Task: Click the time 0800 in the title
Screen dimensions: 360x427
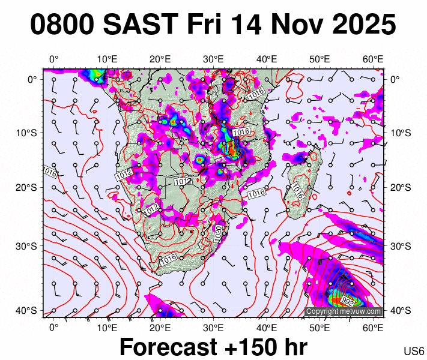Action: tap(62, 25)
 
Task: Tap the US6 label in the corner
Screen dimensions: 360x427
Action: tap(414, 351)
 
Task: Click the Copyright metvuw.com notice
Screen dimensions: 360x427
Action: tap(344, 311)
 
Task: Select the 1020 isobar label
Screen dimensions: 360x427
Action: tap(219, 233)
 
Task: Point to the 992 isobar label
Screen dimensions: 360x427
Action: tap(347, 301)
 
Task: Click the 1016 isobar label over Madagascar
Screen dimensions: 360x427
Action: tap(297, 191)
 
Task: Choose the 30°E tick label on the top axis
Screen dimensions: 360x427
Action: tap(213, 59)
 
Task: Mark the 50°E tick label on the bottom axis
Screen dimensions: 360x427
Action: tap(319, 327)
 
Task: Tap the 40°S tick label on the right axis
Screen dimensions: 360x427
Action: tap(401, 311)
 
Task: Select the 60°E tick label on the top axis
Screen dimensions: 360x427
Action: tap(374, 59)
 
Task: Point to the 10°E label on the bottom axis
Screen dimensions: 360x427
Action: tap(106, 327)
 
